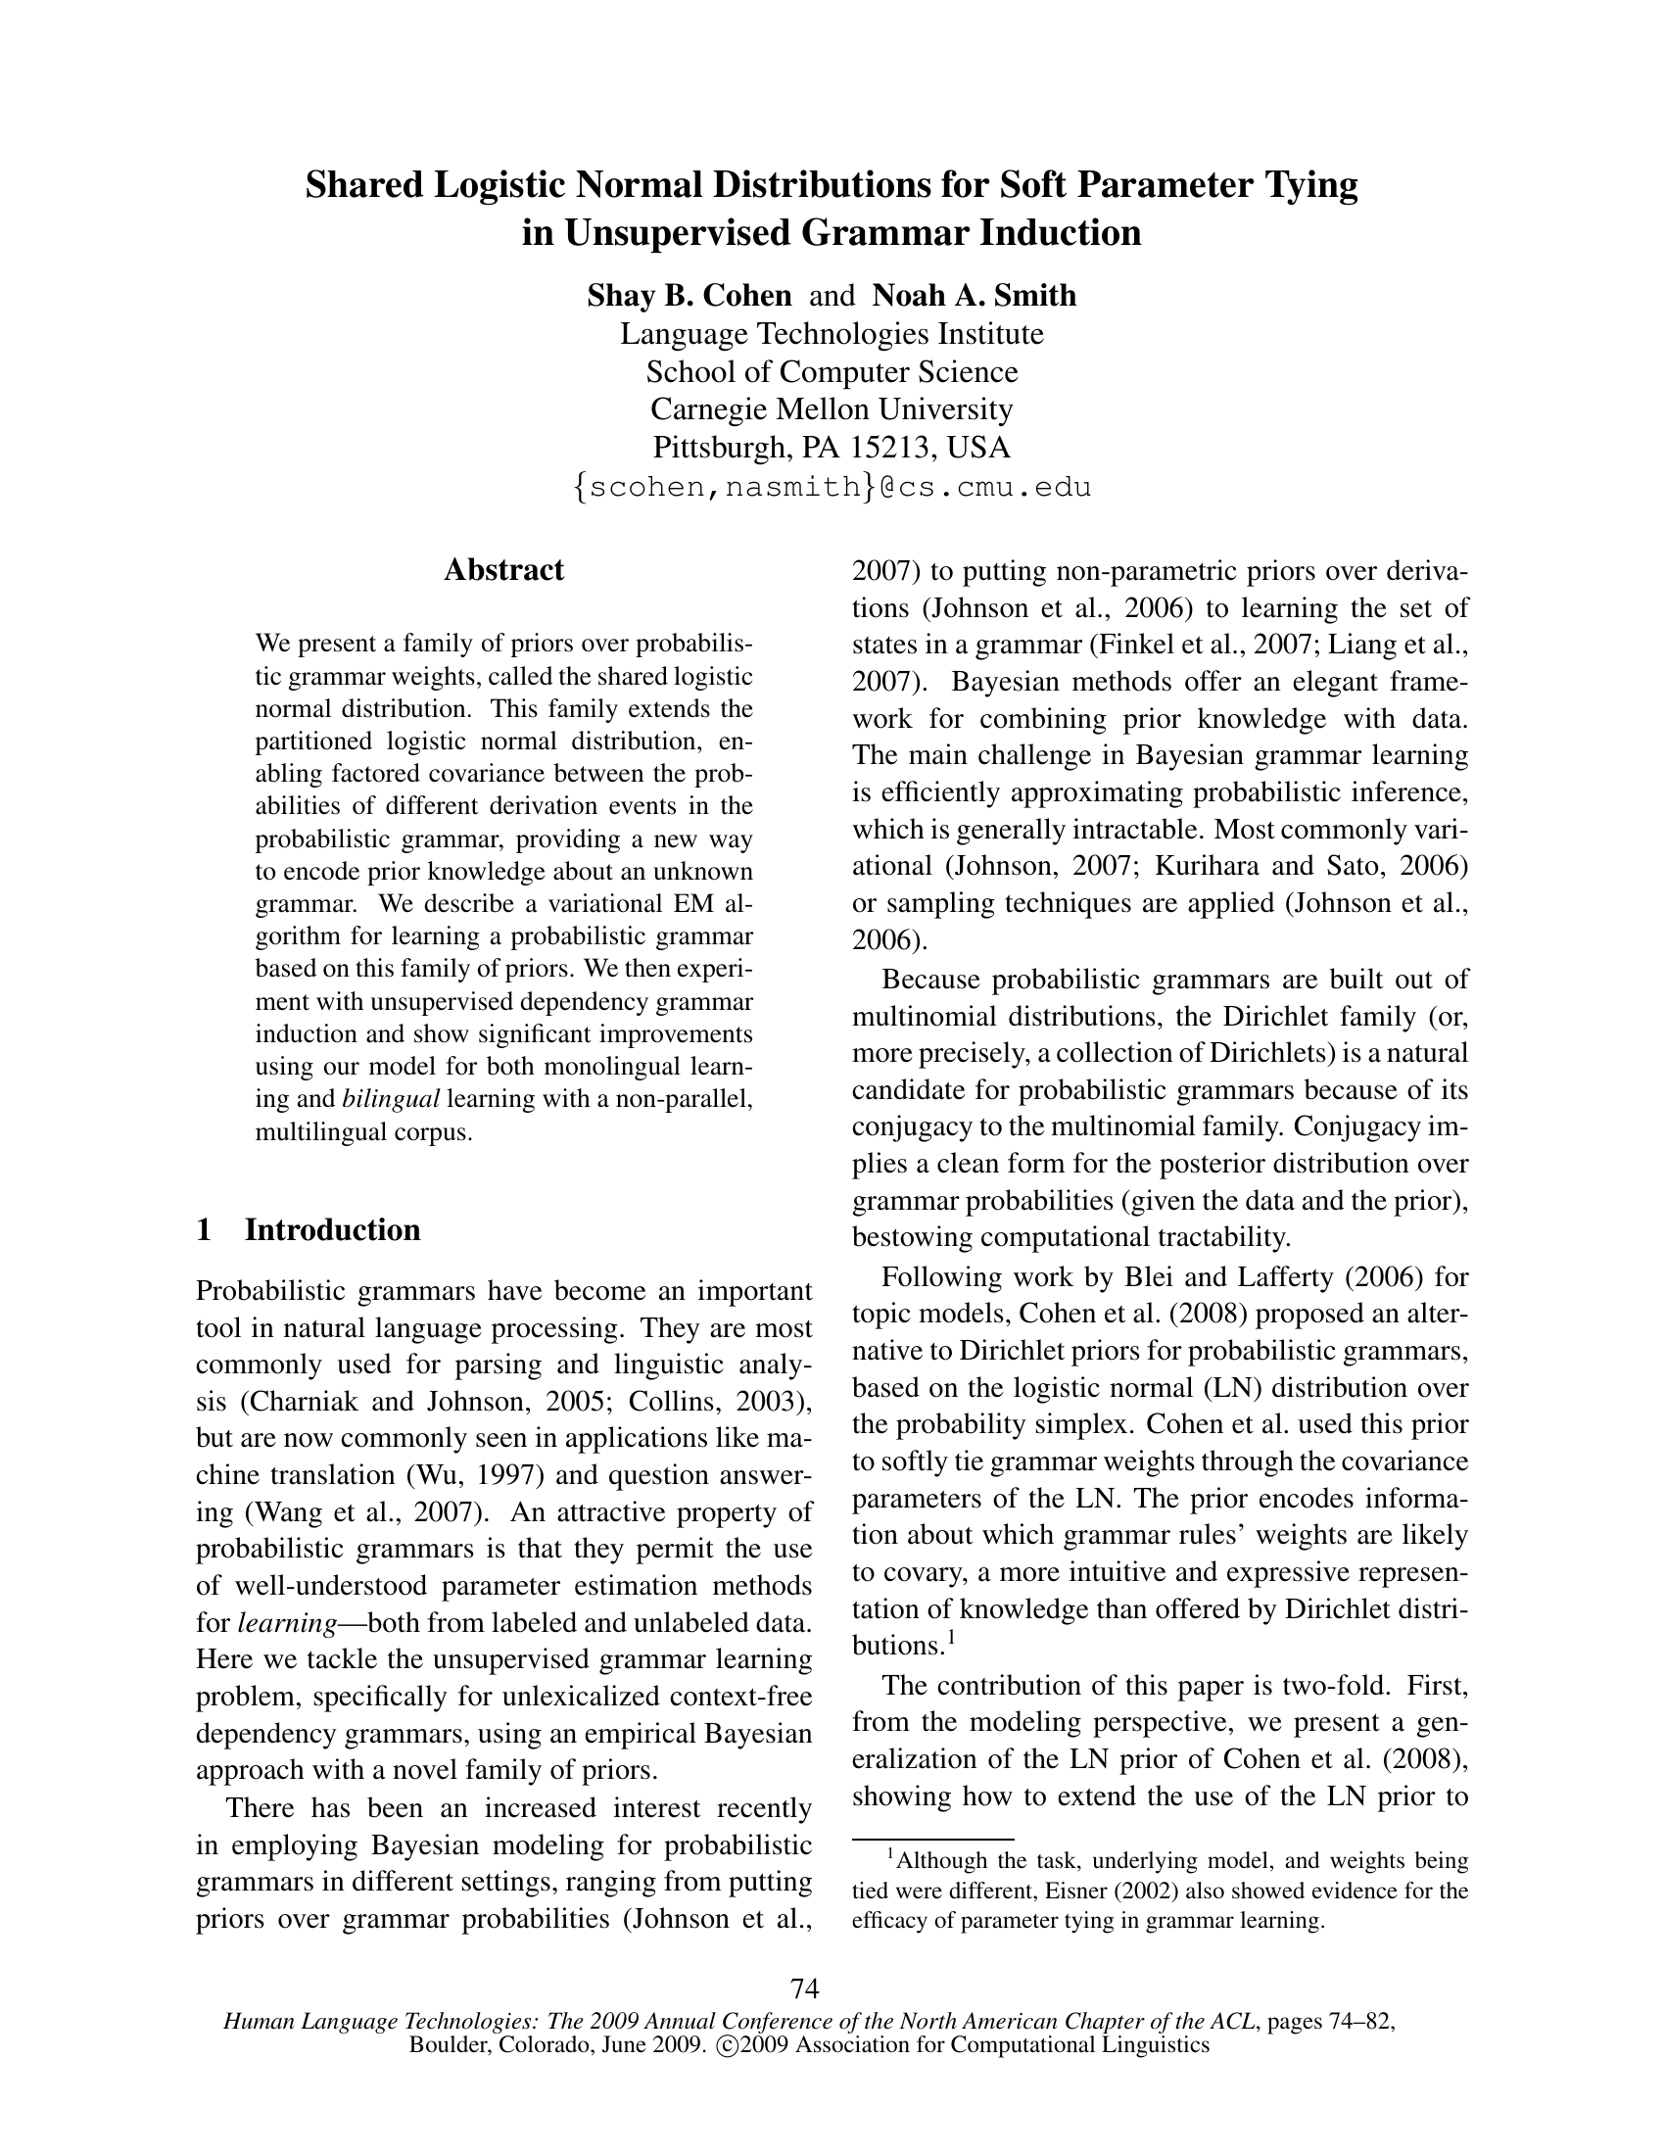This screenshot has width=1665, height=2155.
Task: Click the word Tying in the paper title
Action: coord(1304,185)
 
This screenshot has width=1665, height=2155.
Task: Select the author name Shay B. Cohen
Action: coord(690,295)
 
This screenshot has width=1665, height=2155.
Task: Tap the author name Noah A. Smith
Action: coord(974,295)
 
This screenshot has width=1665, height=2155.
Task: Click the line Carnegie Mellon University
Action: coord(832,408)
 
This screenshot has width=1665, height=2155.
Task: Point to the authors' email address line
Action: coord(832,487)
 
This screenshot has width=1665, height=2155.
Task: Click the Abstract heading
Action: coord(503,569)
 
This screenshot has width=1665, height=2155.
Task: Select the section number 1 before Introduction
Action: coord(204,1229)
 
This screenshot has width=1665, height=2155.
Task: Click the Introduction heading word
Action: coord(332,1229)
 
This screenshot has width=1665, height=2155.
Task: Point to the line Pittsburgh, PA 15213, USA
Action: coord(832,447)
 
